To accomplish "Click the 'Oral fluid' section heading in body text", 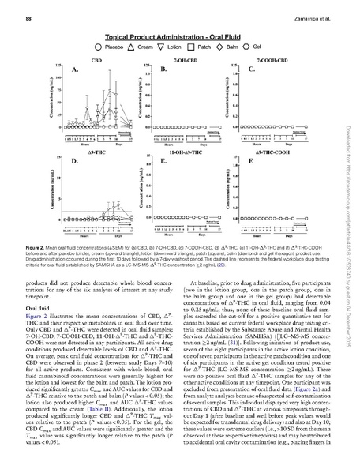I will [39, 309].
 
